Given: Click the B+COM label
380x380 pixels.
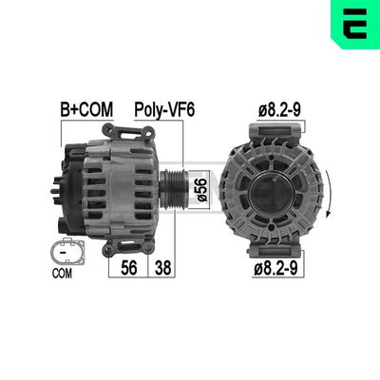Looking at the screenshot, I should click(86, 110).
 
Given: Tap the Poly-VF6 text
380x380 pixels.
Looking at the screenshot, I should click(164, 110).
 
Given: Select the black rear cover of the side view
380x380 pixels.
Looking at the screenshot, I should click(72, 185).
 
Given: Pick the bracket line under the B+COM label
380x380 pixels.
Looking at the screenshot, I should click(86, 123).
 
